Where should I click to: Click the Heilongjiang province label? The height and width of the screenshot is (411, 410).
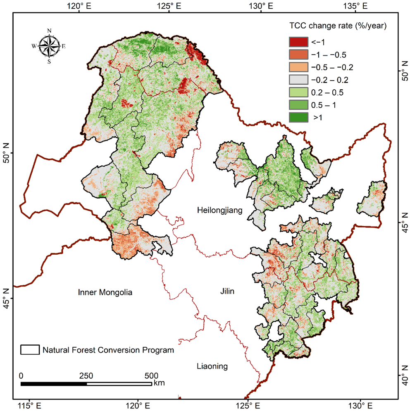[220, 210]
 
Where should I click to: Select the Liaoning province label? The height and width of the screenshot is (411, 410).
[212, 366]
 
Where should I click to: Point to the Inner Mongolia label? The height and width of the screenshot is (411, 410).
[105, 292]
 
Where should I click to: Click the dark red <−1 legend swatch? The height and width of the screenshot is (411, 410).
[298, 42]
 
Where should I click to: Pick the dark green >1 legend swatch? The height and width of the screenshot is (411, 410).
[298, 117]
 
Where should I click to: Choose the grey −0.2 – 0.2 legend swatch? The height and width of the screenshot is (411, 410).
[298, 79]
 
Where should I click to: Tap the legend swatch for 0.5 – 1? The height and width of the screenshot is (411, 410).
[298, 105]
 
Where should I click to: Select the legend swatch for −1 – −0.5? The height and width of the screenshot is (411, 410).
[298, 54]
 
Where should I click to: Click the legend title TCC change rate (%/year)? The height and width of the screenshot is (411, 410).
[337, 26]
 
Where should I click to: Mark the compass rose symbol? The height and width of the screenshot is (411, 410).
[49, 46]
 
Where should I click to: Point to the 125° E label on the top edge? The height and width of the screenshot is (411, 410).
[169, 6]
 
